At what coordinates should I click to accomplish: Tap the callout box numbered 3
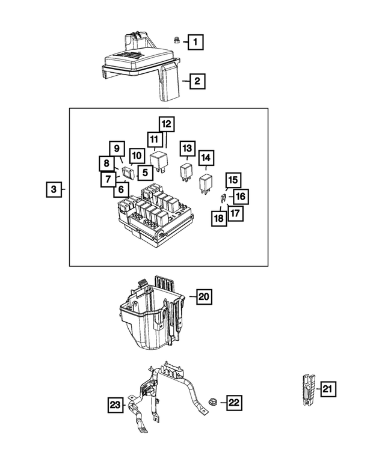[54, 190]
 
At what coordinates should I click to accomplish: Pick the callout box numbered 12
[166, 124]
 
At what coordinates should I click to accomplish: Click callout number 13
[187, 148]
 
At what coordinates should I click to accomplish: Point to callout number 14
[206, 158]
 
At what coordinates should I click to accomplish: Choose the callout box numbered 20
[205, 296]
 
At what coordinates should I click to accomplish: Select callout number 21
[327, 389]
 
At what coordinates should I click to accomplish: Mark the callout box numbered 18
[218, 218]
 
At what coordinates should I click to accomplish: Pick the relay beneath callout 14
[206, 181]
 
